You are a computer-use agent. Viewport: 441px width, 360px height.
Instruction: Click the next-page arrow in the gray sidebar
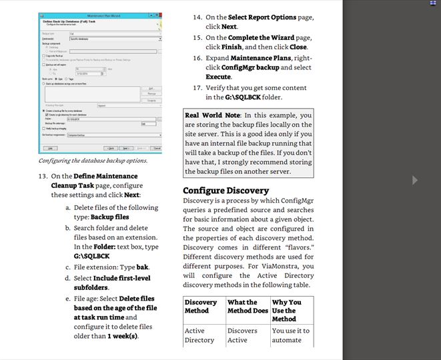(415, 179)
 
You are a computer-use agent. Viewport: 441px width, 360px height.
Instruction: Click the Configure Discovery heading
(226, 191)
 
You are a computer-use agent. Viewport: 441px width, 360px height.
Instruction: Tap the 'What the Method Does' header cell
(247, 307)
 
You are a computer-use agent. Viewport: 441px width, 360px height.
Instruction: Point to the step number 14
(197, 17)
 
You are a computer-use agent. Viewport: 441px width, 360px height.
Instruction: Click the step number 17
(197, 87)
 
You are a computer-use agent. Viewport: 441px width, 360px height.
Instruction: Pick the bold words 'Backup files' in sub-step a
(110, 217)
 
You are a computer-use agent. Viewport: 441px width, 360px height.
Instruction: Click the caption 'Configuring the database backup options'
(93, 161)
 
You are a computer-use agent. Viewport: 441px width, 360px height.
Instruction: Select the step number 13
(43, 176)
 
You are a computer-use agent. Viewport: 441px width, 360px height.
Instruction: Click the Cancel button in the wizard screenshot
(157, 148)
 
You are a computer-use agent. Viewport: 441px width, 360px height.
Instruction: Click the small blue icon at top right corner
(432, 3)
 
